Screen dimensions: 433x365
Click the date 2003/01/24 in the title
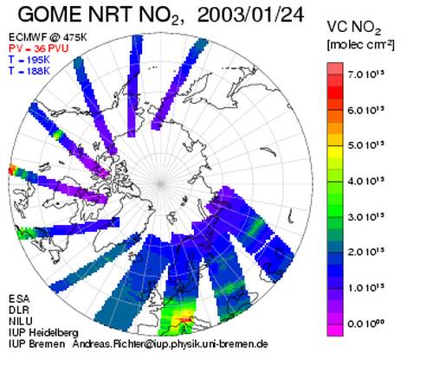(x=250, y=15)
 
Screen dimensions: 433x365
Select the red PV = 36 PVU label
(x=39, y=48)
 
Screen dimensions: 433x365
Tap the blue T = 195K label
(x=29, y=60)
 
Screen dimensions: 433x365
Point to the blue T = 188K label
(x=29, y=71)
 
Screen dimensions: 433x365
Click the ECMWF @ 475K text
(x=48, y=37)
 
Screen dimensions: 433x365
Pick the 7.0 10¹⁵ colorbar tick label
(x=366, y=74)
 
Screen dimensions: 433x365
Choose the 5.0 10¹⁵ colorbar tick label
(x=366, y=145)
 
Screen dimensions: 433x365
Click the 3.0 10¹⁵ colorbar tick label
(x=366, y=217)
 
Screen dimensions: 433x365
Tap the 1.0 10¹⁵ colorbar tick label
(x=366, y=288)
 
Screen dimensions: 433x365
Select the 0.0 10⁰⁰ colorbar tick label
(x=366, y=323)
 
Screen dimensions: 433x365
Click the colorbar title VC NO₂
(x=354, y=28)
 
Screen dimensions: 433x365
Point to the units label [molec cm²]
(x=360, y=45)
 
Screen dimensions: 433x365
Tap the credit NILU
(x=21, y=321)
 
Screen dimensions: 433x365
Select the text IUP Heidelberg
(x=43, y=333)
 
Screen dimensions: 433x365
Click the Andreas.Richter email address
(x=171, y=344)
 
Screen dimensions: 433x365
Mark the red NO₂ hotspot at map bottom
(x=184, y=319)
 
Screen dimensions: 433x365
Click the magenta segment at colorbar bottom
(x=335, y=330)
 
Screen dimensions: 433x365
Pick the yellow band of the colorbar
(x=335, y=151)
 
